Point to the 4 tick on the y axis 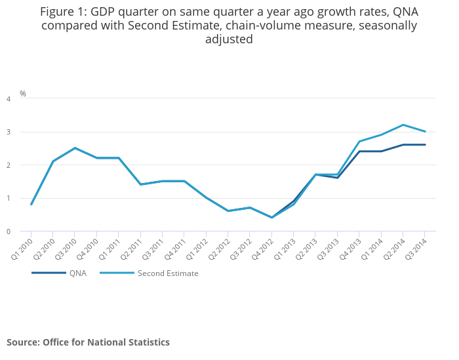point(9,99)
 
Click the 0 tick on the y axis point(9,231)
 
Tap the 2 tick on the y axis point(9,165)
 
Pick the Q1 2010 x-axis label point(22,249)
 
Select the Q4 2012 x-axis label point(263,249)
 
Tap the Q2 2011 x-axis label point(132,249)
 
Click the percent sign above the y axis point(23,94)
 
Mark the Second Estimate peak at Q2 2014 point(403,125)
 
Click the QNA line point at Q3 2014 point(425,145)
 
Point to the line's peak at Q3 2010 point(75,148)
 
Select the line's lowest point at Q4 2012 point(271,218)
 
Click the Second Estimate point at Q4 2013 point(359,142)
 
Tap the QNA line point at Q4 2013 point(359,151)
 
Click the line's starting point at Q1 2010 point(31,205)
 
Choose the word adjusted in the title point(229,39)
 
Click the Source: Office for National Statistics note point(88,342)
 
